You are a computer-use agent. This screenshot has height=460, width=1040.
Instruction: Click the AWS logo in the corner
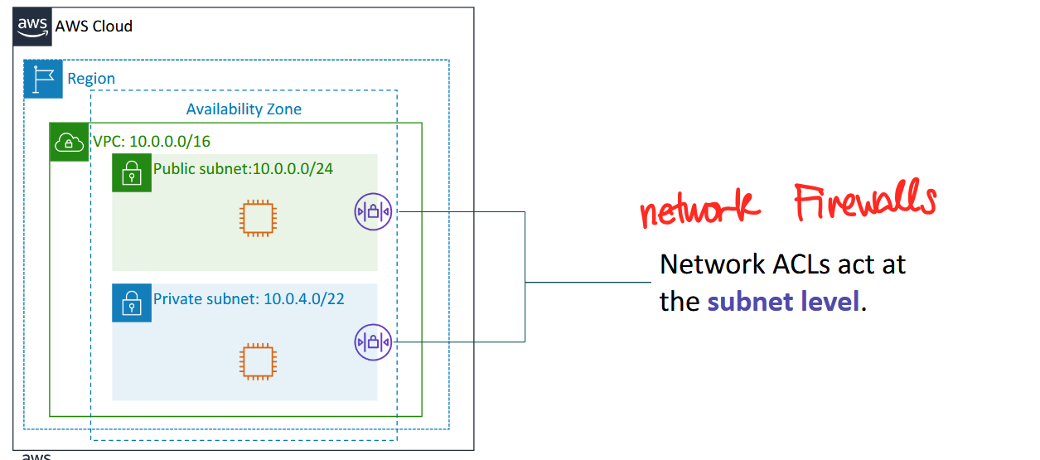(32, 27)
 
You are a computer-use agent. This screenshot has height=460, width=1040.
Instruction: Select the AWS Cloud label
(94, 27)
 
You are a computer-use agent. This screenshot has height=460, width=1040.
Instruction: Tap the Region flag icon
(43, 79)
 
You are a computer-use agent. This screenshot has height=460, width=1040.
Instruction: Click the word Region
(91, 79)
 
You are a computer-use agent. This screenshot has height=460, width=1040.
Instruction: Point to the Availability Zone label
(244, 109)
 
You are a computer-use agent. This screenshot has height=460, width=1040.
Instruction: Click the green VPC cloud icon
(70, 142)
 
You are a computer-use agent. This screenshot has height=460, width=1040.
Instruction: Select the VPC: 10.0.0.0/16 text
(151, 142)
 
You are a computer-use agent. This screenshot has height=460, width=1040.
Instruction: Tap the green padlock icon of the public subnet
(132, 172)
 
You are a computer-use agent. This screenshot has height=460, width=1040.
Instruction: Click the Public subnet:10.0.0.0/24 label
(243, 170)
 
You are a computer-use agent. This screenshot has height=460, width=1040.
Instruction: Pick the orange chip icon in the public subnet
(259, 217)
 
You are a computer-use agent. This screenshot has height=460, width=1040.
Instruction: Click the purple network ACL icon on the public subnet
(373, 212)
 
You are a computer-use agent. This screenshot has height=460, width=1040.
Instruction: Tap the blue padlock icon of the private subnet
(132, 303)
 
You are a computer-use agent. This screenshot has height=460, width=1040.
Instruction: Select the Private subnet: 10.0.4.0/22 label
(249, 298)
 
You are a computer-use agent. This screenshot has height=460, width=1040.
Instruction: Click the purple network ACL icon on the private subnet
(373, 341)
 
